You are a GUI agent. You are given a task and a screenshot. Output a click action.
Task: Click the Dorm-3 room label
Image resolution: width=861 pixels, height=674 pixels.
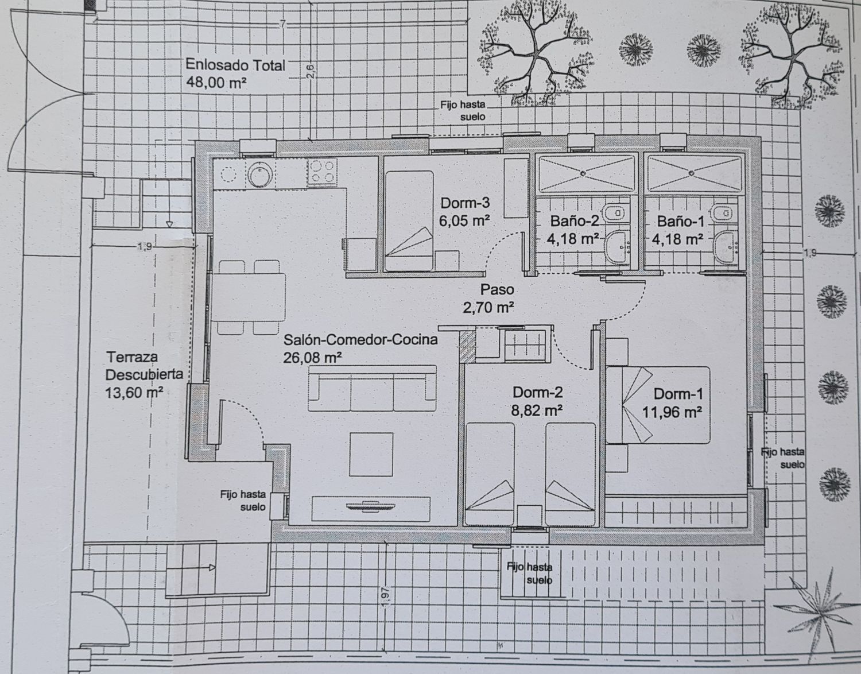pyautogui.click(x=465, y=203)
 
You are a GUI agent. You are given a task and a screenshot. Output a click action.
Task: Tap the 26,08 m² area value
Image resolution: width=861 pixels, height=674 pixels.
pyautogui.click(x=313, y=358)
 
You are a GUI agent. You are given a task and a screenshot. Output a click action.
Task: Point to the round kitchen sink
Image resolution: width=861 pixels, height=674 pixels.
pyautogui.click(x=260, y=174)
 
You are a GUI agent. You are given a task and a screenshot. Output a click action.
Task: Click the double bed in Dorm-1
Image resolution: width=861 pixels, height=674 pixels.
pyautogui.click(x=658, y=405)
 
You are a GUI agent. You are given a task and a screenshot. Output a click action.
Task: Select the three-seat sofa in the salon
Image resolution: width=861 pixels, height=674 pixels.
pyautogui.click(x=372, y=388)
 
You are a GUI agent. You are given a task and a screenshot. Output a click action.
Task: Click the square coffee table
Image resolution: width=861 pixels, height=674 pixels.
pyautogui.click(x=371, y=455)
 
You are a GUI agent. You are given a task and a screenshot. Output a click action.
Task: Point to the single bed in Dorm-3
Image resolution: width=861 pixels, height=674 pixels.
pyautogui.click(x=409, y=220)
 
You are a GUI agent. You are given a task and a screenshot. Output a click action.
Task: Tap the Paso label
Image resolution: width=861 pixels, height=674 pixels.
pyautogui.click(x=497, y=290)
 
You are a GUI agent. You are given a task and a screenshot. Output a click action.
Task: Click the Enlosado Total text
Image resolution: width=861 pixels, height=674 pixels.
pyautogui.click(x=235, y=65)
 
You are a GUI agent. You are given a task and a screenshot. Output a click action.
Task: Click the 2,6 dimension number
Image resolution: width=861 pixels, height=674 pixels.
pyautogui.click(x=311, y=72)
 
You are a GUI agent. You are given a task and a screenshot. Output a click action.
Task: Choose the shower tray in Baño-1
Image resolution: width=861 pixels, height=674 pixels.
pyautogui.click(x=693, y=173)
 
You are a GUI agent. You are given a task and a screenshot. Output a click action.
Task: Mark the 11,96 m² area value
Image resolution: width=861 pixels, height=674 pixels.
pyautogui.click(x=672, y=413)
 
